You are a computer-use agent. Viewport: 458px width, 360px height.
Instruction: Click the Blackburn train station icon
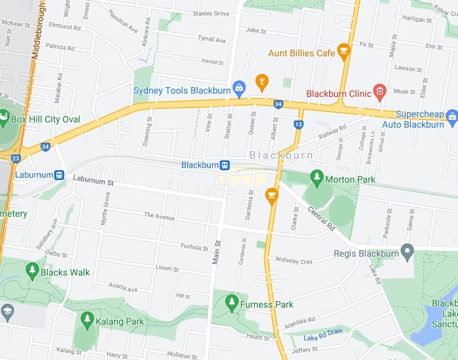click(224, 165)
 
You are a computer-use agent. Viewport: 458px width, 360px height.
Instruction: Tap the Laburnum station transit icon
click(59, 175)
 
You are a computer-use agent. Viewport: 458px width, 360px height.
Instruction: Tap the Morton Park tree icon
click(317, 177)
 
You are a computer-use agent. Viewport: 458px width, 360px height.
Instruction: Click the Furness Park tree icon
click(231, 302)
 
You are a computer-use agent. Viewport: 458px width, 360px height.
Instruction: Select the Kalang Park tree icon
click(87, 319)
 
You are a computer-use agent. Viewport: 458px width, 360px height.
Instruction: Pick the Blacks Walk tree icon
click(32, 270)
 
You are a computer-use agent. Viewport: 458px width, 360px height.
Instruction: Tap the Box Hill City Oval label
click(46, 119)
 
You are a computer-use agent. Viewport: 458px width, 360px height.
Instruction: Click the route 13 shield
click(299, 124)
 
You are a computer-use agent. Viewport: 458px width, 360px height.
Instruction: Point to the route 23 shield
click(16, 158)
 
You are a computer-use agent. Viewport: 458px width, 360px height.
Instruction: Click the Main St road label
click(217, 252)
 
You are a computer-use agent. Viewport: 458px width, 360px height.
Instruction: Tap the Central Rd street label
click(321, 219)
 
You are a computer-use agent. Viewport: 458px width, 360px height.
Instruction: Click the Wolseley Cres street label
click(294, 261)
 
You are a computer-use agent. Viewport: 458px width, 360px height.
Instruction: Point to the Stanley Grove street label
click(211, 14)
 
